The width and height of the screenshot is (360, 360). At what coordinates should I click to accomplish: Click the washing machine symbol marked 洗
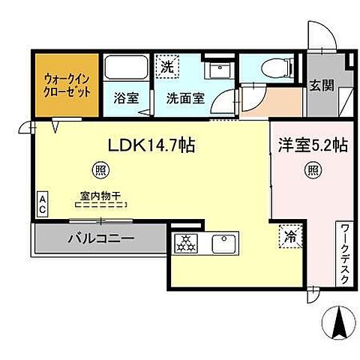point(169,66)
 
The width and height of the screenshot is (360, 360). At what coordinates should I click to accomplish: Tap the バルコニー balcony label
point(101,241)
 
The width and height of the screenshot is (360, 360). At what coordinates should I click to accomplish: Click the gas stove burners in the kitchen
point(186,243)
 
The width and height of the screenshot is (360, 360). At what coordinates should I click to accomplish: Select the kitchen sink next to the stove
point(224,243)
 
